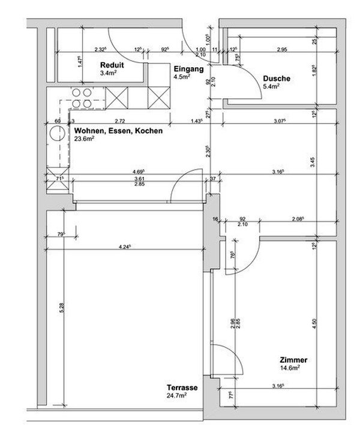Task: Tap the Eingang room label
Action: (x=187, y=68)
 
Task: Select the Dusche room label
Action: (x=277, y=79)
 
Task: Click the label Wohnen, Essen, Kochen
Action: (x=118, y=130)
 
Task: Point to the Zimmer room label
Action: (x=294, y=360)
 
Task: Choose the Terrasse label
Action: (x=182, y=388)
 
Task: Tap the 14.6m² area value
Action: (x=290, y=368)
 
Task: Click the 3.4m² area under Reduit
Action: (x=110, y=74)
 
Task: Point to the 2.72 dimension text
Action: (x=119, y=121)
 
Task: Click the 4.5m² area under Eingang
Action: (x=182, y=76)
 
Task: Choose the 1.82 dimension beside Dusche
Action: (x=313, y=71)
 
